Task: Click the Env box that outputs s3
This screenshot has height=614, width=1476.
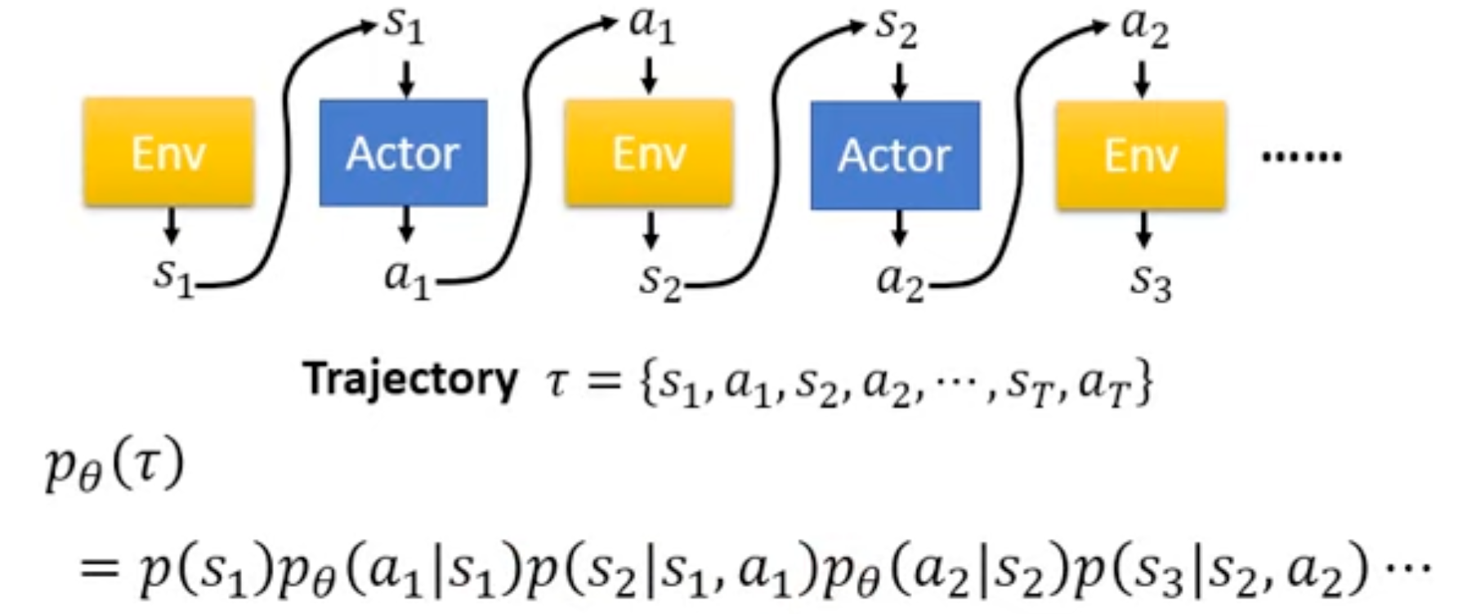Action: click(1141, 154)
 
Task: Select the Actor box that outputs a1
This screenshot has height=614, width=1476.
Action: click(404, 153)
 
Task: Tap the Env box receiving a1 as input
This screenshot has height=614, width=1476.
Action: click(649, 153)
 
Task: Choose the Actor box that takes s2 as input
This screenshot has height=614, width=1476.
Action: click(895, 155)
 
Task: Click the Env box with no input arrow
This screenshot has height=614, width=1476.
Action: click(168, 152)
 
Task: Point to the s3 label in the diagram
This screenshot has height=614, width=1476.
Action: click(1151, 283)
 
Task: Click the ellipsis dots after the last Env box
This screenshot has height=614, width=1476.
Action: click(1301, 155)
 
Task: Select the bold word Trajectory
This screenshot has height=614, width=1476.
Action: click(410, 380)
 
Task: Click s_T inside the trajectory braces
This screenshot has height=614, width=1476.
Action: click(1029, 384)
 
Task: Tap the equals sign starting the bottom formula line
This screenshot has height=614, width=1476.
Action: click(100, 566)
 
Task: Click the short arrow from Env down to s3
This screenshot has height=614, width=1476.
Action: click(1144, 230)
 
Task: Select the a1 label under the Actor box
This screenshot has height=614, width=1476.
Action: click(406, 279)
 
